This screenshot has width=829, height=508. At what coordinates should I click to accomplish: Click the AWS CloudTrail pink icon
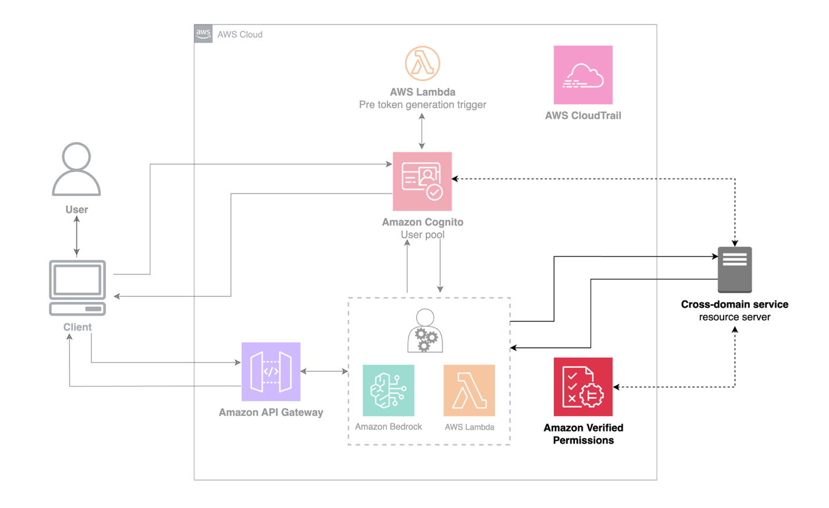coord(583,75)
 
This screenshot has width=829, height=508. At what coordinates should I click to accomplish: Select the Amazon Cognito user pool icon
coord(422,182)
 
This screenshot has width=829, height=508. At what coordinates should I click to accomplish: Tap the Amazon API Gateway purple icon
coord(271,372)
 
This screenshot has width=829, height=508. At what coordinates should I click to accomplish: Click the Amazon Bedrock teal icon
coord(388,390)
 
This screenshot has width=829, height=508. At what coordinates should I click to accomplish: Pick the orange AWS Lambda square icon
coord(469,390)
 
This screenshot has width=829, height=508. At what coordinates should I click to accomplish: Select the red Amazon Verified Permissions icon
coord(583,387)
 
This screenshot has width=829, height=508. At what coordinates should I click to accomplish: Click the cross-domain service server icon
coord(735,270)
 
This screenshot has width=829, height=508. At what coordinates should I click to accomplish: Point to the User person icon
coord(77,169)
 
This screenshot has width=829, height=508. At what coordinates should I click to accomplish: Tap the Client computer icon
coord(78,288)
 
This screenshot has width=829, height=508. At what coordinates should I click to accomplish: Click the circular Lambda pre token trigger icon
coord(422,64)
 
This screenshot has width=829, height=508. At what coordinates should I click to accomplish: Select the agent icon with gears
coord(425,331)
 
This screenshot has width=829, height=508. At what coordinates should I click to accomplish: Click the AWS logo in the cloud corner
coord(203,34)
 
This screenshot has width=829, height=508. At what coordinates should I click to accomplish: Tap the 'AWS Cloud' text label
coord(240,35)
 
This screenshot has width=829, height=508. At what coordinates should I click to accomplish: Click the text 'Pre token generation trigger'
coord(422,105)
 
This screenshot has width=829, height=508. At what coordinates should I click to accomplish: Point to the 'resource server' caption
coord(735,317)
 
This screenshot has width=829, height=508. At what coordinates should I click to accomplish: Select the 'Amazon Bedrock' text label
coord(388,427)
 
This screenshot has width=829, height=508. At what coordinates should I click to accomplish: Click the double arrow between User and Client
coord(77,236)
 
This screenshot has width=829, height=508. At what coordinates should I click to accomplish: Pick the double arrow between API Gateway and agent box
coord(324,371)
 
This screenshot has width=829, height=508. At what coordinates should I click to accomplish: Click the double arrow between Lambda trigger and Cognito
coord(421,131)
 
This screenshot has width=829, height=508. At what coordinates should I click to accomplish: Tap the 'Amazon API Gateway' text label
coord(271,412)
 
